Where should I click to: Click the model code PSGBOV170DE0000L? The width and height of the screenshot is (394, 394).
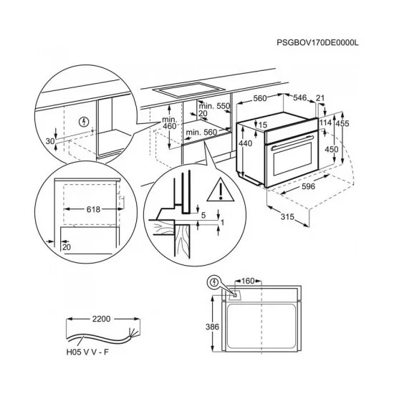(317, 44)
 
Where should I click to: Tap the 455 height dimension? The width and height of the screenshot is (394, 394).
(342, 123)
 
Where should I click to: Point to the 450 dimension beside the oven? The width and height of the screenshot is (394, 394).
(332, 149)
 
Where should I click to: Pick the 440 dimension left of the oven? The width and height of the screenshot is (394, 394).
(246, 144)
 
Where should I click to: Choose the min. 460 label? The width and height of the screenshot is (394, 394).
(169, 122)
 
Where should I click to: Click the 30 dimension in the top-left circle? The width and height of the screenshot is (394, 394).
(49, 141)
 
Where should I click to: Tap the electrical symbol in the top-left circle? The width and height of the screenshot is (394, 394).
(86, 122)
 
